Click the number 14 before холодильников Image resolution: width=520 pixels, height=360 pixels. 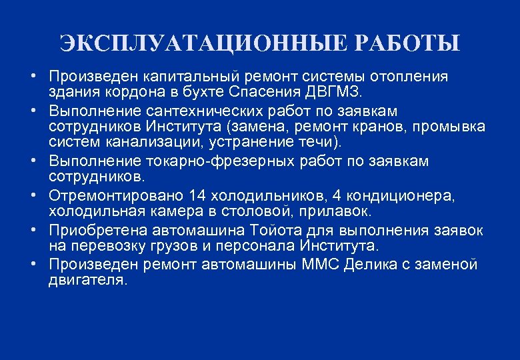point(198,195)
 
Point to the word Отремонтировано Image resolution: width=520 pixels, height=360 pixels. point(115,195)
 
